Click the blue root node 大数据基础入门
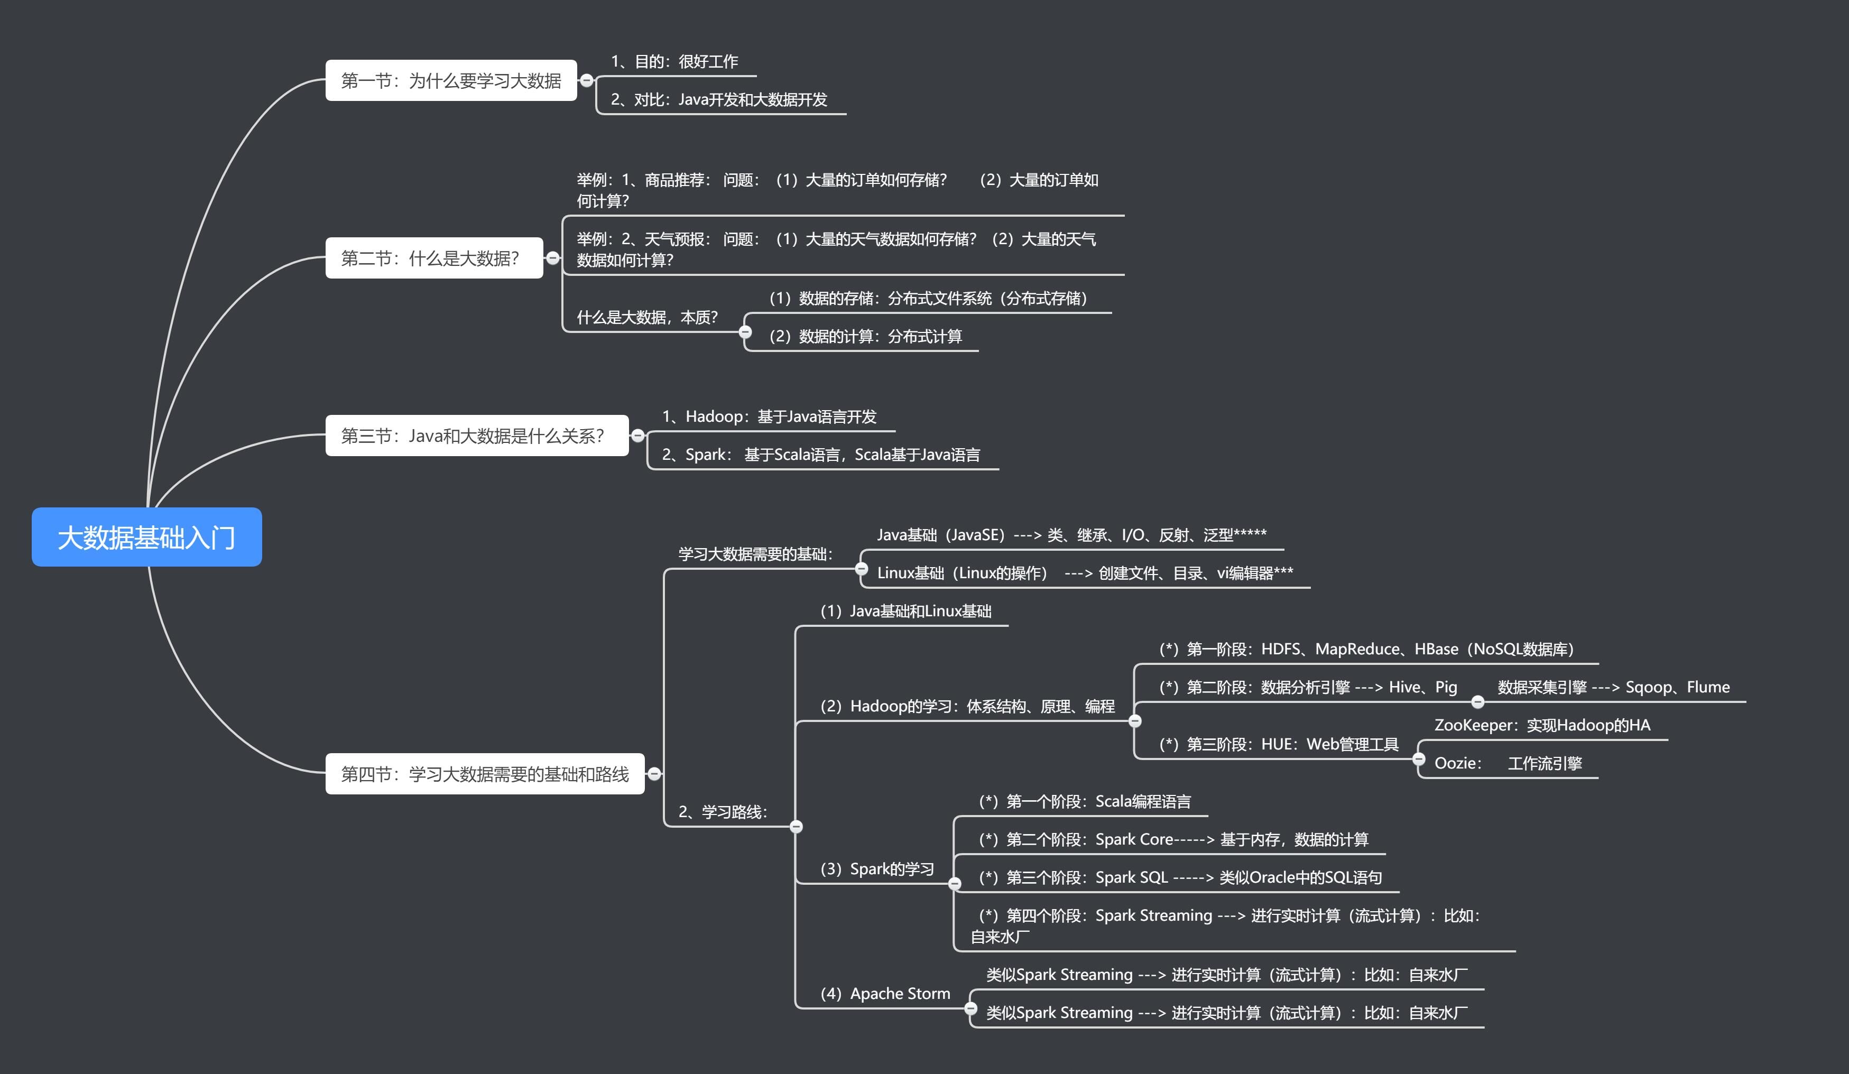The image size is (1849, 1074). tap(147, 537)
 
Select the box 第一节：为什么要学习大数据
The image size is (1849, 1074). tap(450, 81)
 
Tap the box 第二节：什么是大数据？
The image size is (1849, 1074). tap(433, 258)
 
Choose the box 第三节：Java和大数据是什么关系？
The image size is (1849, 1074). tap(476, 436)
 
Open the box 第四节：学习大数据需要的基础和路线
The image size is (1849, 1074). tap(484, 774)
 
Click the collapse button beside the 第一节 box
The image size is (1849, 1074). tap(586, 81)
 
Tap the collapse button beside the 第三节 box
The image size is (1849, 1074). tap(637, 436)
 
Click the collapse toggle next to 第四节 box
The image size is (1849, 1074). tap(654, 774)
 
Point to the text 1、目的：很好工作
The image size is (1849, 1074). tap(674, 62)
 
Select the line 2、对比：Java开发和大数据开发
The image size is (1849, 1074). tap(718, 100)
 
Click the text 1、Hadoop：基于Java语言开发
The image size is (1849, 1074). tap(769, 416)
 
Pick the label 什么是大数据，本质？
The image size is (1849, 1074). tap(647, 317)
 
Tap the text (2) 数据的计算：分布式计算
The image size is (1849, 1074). tap(865, 336)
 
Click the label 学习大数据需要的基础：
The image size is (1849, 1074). tap(756, 554)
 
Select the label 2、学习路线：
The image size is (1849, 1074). tap(723, 811)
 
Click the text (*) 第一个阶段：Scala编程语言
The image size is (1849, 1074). tap(1085, 801)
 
